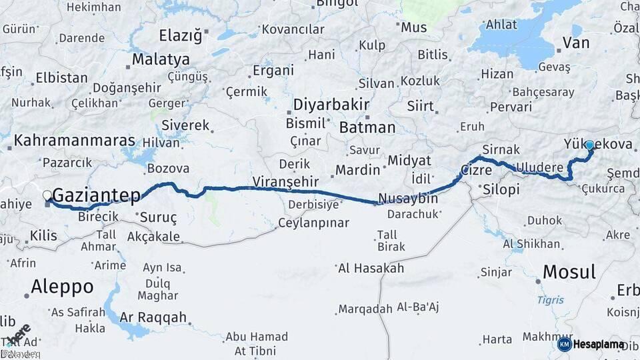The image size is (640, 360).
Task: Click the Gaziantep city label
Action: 96,195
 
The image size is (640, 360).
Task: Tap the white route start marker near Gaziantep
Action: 47,195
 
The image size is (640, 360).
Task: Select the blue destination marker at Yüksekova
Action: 589,144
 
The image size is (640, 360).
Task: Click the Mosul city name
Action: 569,271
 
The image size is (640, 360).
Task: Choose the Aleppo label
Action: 62,287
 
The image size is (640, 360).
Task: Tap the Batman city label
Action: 367,127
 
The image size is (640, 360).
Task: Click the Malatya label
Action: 161,59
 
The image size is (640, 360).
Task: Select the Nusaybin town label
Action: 407,198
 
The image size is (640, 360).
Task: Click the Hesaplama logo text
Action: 599,345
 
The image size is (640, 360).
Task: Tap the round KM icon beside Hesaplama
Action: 564,345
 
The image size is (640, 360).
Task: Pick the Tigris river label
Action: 550,300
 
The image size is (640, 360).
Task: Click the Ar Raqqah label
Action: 153,317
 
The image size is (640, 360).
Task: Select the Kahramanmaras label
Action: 74,141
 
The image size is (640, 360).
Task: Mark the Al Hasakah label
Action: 371,268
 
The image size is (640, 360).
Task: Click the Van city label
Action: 576,43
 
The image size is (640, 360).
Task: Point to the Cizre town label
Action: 477,170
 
